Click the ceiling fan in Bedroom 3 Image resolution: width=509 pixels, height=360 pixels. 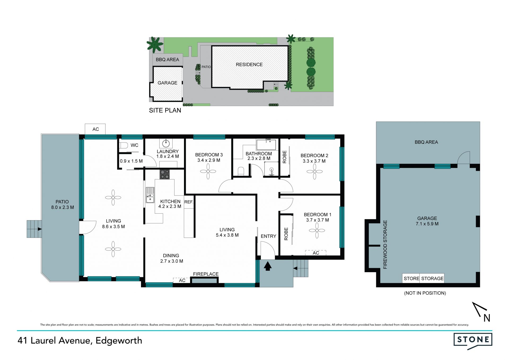pyautogui.click(x=208, y=171)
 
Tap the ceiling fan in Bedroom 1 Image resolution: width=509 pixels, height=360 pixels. pyautogui.click(x=317, y=231)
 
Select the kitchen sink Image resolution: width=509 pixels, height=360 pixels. pyautogui.click(x=150, y=195)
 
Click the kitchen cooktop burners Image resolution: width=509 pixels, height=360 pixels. pyautogui.click(x=164, y=174)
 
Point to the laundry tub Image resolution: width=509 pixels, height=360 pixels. pyautogui.click(x=166, y=144)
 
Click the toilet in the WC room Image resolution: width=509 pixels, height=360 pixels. pyautogui.click(x=124, y=145)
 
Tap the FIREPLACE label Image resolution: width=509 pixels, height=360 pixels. pyautogui.click(x=206, y=274)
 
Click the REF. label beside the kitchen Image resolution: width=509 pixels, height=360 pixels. pyautogui.click(x=189, y=202)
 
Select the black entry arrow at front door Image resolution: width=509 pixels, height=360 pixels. pyautogui.click(x=267, y=266)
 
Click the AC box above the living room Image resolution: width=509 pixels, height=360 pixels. pyautogui.click(x=95, y=129)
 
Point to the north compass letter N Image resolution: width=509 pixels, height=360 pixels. pyautogui.click(x=487, y=318)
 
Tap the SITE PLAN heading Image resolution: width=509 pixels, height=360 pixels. pyautogui.click(x=165, y=110)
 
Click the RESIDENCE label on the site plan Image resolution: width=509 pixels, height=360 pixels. pyautogui.click(x=249, y=64)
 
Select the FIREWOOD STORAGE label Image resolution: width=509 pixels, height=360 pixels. pyautogui.click(x=385, y=245)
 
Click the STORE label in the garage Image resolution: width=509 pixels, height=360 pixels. pyautogui.click(x=411, y=279)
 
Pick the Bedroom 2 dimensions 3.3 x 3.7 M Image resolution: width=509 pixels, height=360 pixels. pyautogui.click(x=314, y=161)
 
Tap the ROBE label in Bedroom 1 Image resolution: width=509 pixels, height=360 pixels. pyautogui.click(x=286, y=234)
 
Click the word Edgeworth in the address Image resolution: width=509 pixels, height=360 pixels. pyautogui.click(x=119, y=341)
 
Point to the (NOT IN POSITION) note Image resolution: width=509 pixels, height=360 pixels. pyautogui.click(x=425, y=293)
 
